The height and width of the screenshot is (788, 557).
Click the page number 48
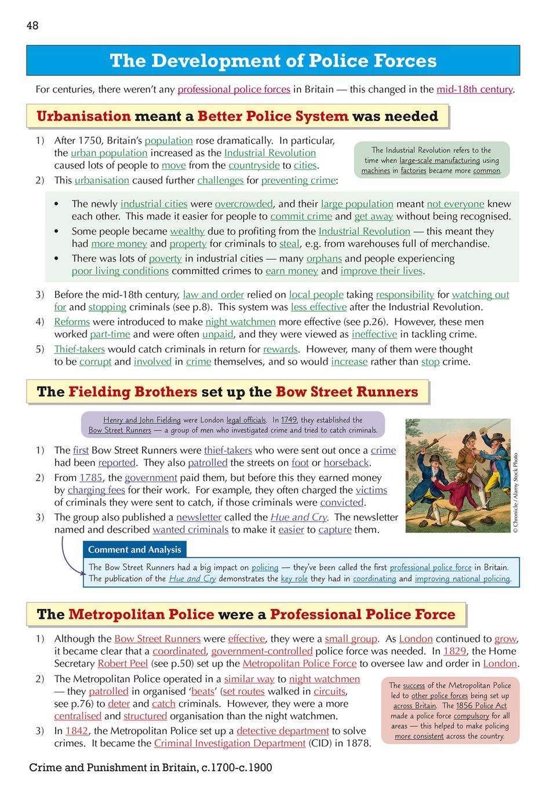click(32, 25)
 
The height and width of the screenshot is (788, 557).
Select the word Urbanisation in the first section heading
click(83, 116)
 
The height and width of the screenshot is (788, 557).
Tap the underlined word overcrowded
click(243, 204)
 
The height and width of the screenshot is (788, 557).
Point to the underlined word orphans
click(323, 258)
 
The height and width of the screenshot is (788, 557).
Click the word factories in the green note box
click(413, 171)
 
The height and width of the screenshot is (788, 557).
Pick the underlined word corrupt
click(95, 362)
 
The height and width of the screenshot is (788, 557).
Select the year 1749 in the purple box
click(289, 420)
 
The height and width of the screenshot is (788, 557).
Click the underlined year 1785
click(90, 477)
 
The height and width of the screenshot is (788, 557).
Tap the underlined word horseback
click(346, 462)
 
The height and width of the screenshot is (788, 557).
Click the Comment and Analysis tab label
click(134, 549)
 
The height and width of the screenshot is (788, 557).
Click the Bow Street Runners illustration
click(458, 476)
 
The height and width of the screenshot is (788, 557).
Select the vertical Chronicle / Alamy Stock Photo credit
click(515, 493)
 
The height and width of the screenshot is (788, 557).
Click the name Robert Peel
click(122, 663)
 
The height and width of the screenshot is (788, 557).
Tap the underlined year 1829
click(454, 651)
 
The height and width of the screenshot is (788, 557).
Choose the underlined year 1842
click(77, 731)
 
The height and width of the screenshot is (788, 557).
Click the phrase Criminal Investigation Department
click(230, 743)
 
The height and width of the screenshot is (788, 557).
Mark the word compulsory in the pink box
click(471, 716)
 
